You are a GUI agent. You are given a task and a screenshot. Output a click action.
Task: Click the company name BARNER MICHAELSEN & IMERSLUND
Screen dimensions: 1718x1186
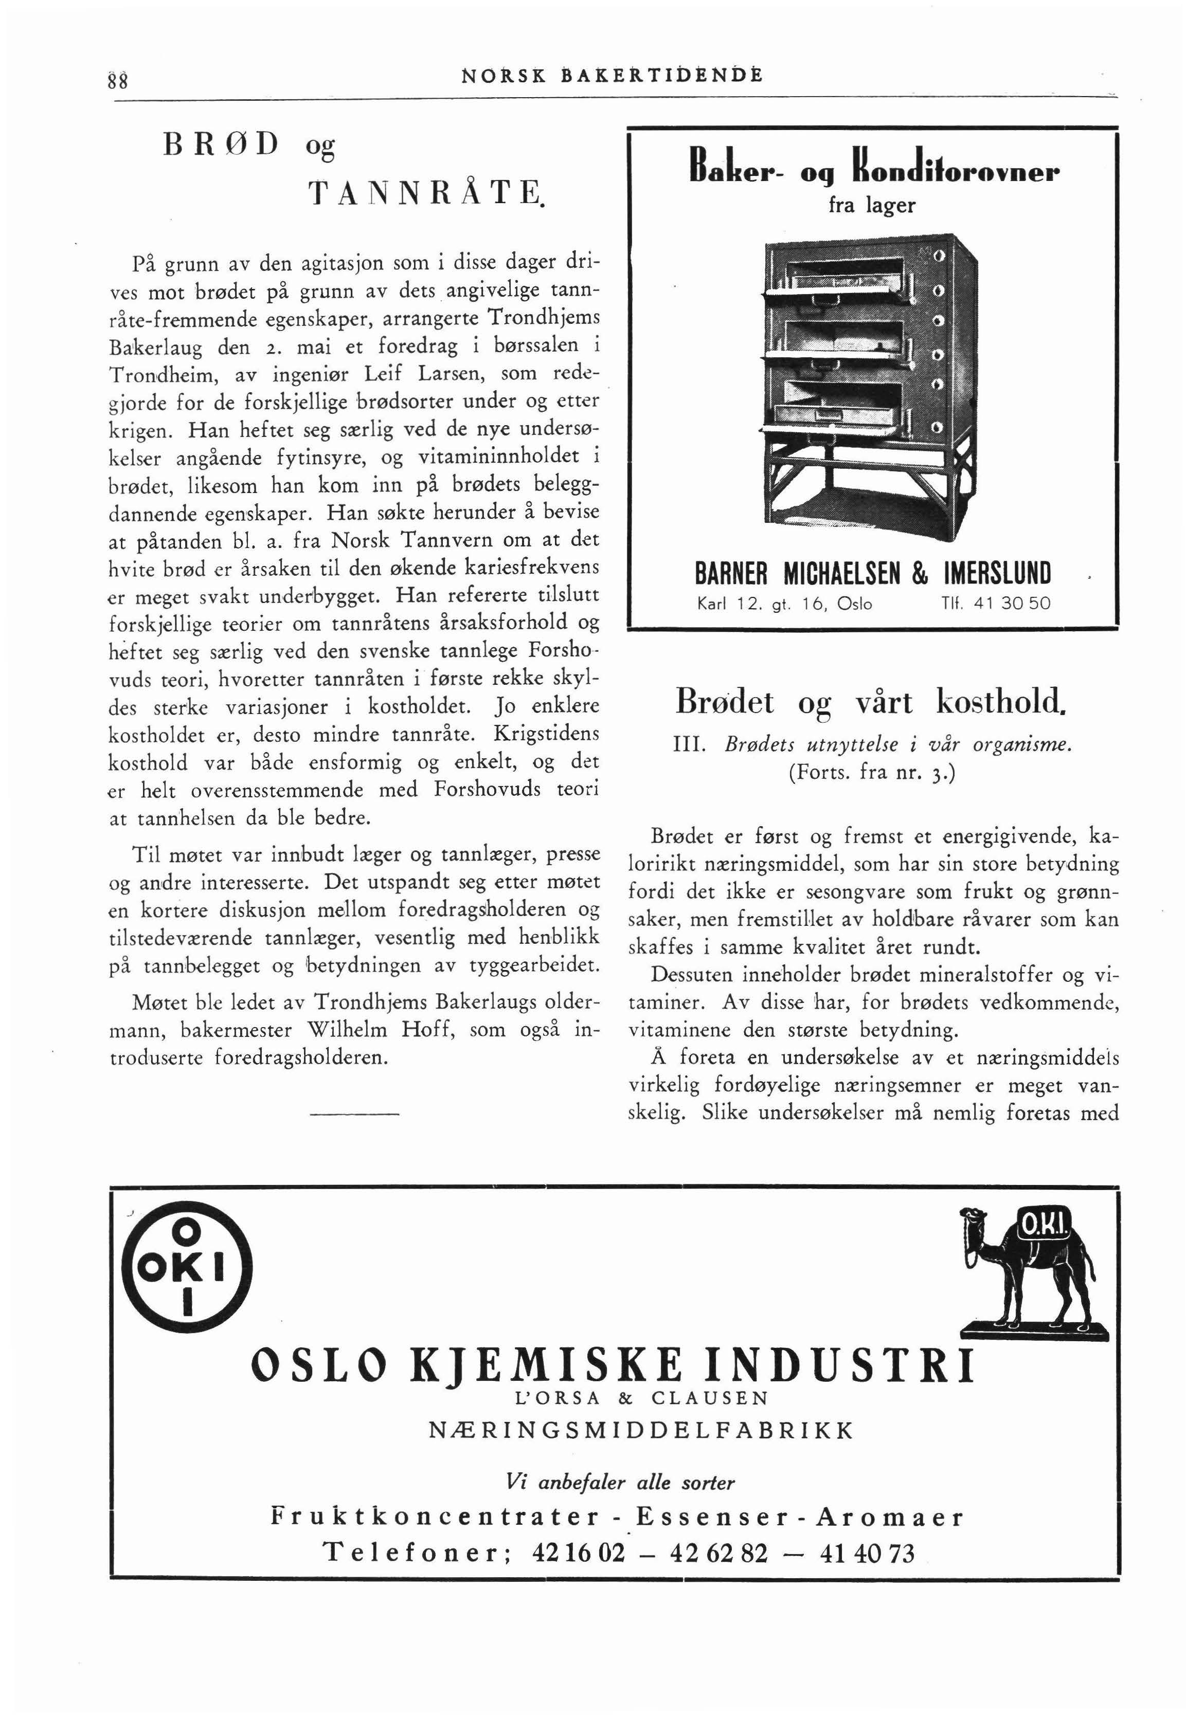pyautogui.click(x=872, y=574)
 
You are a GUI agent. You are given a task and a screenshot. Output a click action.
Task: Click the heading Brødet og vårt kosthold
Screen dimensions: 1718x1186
pyautogui.click(x=871, y=702)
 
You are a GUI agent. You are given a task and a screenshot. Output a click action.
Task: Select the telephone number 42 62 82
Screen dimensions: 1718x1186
pyautogui.click(x=718, y=1552)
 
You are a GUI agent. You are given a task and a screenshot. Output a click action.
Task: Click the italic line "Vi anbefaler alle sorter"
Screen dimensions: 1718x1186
pyautogui.click(x=619, y=1483)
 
